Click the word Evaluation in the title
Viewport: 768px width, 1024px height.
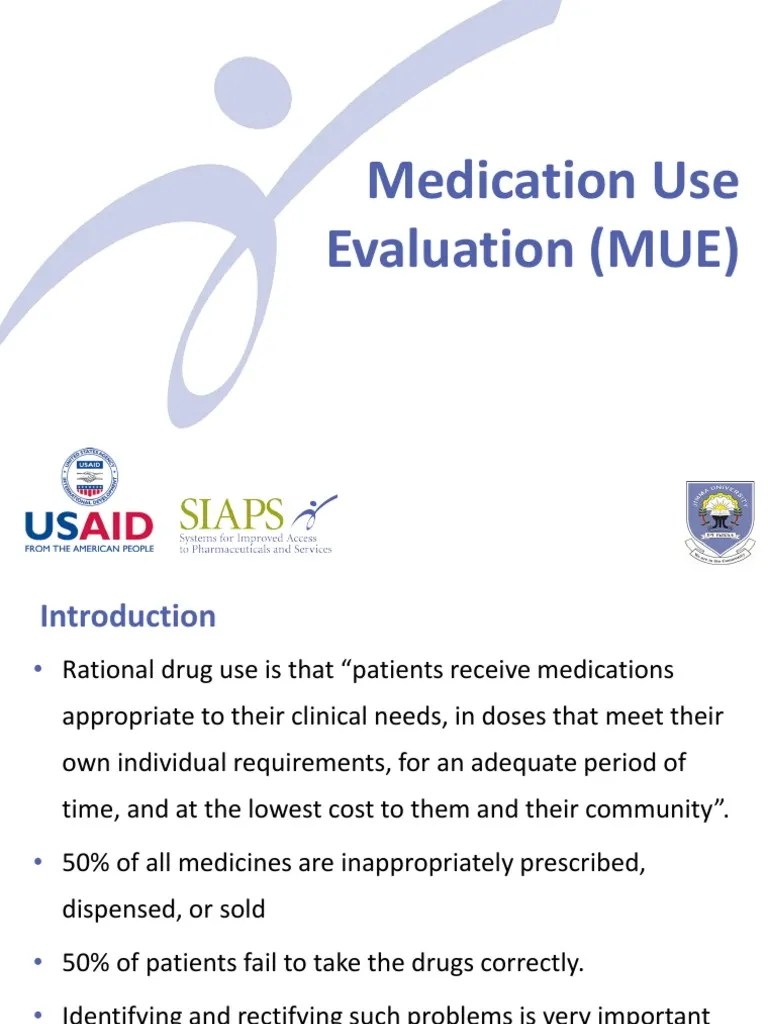(x=450, y=249)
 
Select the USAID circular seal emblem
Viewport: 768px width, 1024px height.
(x=89, y=476)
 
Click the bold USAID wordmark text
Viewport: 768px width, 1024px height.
(x=88, y=526)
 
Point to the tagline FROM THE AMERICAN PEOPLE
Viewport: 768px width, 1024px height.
(x=89, y=549)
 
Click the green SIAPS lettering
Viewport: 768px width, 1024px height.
(x=232, y=515)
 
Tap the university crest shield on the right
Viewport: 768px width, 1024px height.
(x=720, y=517)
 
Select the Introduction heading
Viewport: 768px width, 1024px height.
(x=128, y=616)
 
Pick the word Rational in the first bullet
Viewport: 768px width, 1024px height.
(x=105, y=670)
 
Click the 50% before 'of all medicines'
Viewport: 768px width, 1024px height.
(x=87, y=863)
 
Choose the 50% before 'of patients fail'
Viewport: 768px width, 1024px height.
(x=87, y=963)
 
